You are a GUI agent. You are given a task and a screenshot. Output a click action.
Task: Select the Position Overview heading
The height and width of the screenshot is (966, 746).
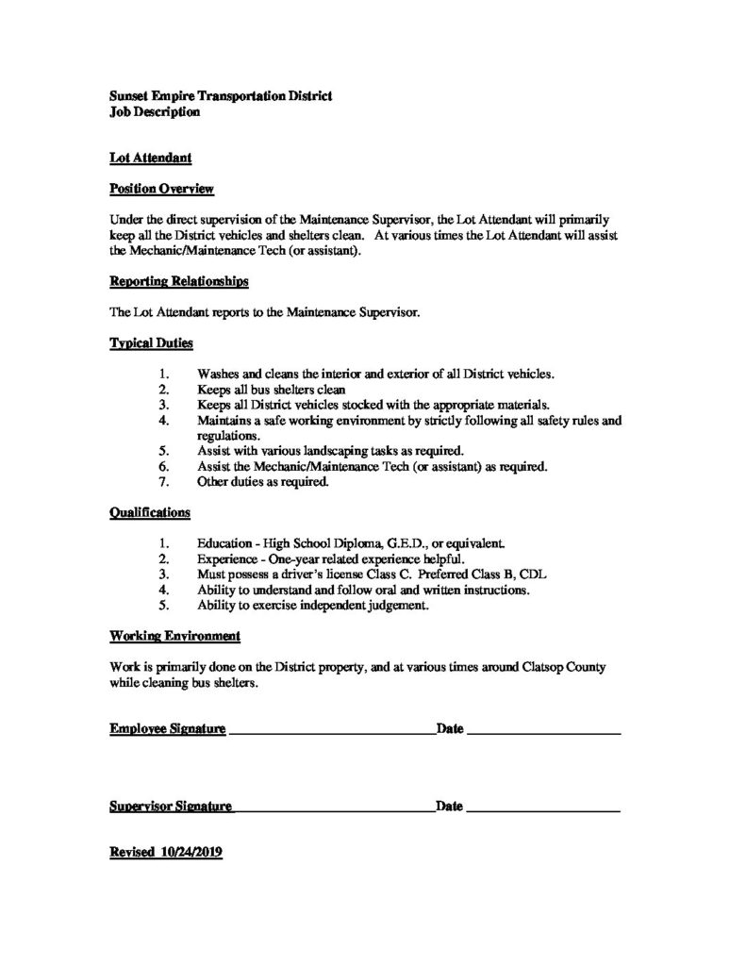[x=161, y=190]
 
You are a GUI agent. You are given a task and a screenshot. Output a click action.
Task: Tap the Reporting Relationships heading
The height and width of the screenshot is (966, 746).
[x=179, y=281]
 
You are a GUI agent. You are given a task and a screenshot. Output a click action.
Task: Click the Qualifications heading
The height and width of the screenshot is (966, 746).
[x=150, y=512]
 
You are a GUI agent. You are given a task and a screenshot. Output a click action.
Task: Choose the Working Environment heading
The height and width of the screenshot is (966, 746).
[x=174, y=635]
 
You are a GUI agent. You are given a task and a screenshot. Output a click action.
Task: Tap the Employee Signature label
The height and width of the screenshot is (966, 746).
[x=167, y=728]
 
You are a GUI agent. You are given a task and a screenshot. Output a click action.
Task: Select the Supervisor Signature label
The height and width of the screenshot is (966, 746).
[x=170, y=807]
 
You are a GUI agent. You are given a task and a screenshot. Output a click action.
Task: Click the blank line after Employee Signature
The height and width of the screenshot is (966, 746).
[x=330, y=731]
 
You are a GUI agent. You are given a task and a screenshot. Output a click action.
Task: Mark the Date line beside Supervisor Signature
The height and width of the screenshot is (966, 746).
[x=542, y=809]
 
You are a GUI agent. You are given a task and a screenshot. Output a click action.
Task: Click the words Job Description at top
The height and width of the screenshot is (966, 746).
[x=154, y=112]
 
